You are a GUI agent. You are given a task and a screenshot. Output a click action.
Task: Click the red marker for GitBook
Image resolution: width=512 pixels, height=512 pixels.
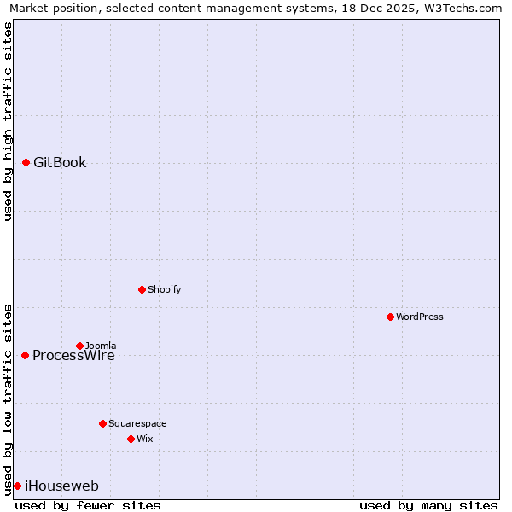pos(26,162)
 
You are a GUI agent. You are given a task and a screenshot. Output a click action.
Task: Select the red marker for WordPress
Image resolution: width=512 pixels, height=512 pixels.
pos(390,317)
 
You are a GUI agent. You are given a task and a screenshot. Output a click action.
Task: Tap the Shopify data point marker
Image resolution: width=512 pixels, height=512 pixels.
pos(142,289)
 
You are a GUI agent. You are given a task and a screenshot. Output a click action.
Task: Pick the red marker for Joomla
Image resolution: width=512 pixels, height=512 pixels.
pos(79,346)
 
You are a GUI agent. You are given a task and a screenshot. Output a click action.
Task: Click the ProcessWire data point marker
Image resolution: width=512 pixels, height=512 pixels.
pos(25,355)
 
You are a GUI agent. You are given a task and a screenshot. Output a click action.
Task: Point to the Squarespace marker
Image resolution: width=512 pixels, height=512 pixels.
pos(102,423)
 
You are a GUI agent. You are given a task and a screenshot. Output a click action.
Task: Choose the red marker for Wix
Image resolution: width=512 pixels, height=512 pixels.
pos(131,439)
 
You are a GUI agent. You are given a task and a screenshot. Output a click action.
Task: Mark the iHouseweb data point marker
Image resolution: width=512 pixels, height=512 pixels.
pos(17,486)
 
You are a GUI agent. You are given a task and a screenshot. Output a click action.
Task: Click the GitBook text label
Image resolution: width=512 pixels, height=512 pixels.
pos(60,163)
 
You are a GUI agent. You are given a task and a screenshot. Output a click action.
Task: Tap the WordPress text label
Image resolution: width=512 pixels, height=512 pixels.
pos(419,317)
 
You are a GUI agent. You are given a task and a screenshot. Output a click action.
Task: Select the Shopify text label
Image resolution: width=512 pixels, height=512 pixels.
pos(164,289)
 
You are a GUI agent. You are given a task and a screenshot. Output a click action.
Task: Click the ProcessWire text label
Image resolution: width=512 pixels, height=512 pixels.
pos(73,357)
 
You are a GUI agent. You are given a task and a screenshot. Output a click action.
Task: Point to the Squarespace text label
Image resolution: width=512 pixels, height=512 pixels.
pos(137,423)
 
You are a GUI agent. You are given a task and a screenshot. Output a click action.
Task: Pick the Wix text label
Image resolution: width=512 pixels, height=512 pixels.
pos(144,439)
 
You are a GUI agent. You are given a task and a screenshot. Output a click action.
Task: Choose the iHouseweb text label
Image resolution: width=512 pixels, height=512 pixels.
pos(61,486)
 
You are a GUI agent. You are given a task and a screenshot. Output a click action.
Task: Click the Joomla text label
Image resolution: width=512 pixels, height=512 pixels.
pos(101,345)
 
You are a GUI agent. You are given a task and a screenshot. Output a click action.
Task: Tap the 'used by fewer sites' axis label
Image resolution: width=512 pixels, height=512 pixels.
pos(88,505)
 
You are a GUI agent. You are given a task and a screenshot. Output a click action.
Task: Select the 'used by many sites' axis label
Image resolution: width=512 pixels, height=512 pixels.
pos(428,505)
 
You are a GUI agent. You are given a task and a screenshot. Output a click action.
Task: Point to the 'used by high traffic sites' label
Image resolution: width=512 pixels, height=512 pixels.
pos(9,121)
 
